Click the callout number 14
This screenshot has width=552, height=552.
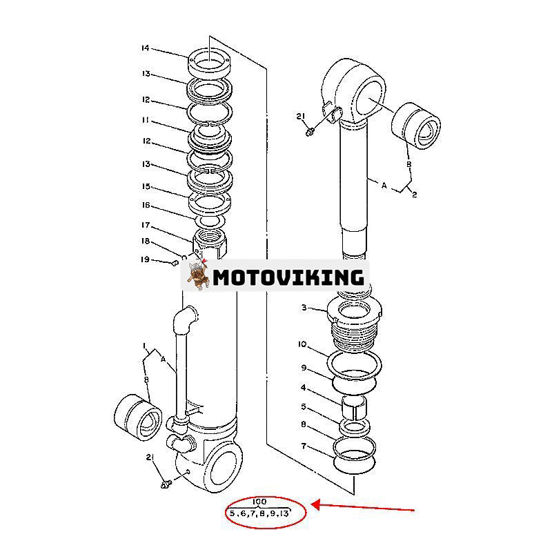click(145, 48)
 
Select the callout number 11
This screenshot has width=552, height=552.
click(145, 119)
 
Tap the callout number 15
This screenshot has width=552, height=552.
click(145, 186)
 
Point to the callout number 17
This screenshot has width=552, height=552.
click(145, 225)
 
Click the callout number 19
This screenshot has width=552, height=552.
click(145, 259)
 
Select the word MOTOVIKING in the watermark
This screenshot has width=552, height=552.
click(288, 277)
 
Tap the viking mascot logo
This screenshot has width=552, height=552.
click(198, 276)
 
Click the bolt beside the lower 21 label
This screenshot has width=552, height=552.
click(166, 485)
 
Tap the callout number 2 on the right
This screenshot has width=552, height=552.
click(415, 195)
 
